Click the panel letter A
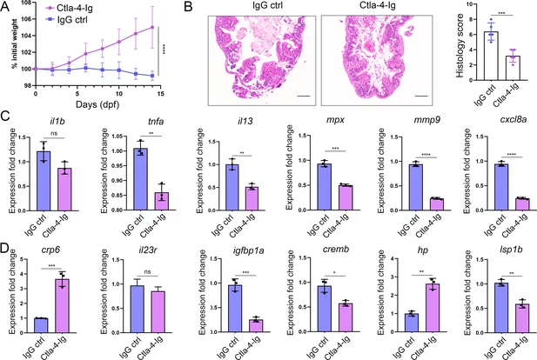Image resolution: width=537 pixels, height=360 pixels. pyautogui.click(x=6, y=8)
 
